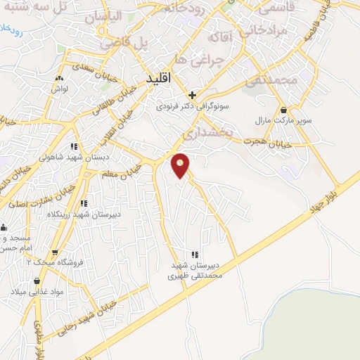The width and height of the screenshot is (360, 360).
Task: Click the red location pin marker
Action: pyautogui.click(x=181, y=165)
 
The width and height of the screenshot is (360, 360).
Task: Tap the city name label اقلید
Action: pyautogui.click(x=159, y=79)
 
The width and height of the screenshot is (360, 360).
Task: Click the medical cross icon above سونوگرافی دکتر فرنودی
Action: pyautogui.click(x=191, y=95)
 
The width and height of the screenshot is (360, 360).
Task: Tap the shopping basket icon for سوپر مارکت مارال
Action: pyautogui.click(x=283, y=110)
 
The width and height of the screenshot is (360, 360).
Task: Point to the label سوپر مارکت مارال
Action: pyautogui.click(x=283, y=122)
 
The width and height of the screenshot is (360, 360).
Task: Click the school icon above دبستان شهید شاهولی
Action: pyautogui.click(x=73, y=146)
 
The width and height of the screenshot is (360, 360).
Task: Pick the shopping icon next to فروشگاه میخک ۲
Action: pyautogui.click(x=54, y=251)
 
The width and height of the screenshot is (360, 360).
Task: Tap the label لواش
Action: pyautogui.click(x=57, y=89)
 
